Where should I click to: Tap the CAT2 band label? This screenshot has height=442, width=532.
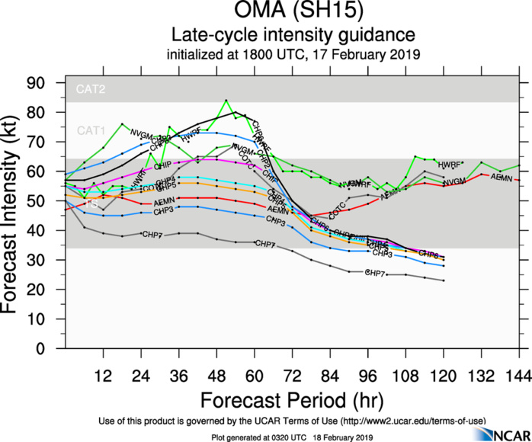[x=90, y=89]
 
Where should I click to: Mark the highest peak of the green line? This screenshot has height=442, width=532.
[x=226, y=100]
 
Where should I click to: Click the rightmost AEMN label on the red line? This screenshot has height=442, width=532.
[x=501, y=178]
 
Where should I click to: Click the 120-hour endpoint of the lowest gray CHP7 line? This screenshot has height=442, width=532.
[x=444, y=281]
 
